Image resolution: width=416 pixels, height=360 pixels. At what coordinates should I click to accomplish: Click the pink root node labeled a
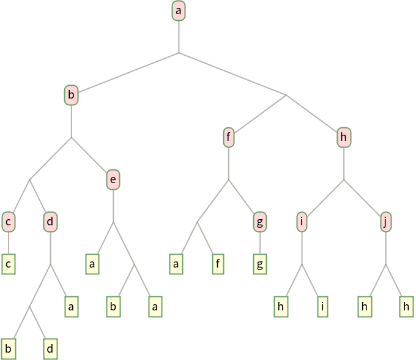tap(179, 10)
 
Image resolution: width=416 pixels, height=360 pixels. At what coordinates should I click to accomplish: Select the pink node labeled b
tap(71, 95)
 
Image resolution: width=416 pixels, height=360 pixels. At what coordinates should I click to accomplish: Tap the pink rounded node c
tap(9, 222)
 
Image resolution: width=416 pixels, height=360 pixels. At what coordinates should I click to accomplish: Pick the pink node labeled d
tap(50, 222)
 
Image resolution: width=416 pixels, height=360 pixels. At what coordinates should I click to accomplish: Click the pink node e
tap(113, 180)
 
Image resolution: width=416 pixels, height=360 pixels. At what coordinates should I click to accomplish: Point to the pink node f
tap(228, 137)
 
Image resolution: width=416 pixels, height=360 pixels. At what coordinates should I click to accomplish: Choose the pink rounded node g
tap(260, 222)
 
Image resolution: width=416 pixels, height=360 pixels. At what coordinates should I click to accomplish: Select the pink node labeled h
tap(344, 137)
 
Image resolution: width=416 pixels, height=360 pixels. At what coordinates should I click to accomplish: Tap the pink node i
tap(302, 222)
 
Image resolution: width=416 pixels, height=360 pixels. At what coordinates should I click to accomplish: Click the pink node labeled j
tap(386, 222)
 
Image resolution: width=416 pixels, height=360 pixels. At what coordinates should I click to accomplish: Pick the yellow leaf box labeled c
tap(9, 264)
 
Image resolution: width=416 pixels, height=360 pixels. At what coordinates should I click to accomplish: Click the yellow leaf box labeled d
tap(50, 349)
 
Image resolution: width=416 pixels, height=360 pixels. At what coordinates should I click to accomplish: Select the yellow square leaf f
tap(218, 264)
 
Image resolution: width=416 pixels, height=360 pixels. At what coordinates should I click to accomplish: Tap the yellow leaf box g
tap(260, 264)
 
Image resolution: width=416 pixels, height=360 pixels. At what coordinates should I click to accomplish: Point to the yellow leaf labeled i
tap(322, 307)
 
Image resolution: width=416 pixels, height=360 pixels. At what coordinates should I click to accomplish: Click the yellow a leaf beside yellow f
tap(176, 264)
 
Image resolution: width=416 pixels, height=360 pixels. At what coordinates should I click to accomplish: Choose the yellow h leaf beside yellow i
tap(281, 307)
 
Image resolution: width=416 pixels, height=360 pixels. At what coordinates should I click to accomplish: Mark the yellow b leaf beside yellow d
tap(9, 349)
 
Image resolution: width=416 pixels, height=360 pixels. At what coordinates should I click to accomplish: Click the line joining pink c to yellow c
tap(9, 243)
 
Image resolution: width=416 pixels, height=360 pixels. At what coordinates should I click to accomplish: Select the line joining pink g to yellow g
tap(260, 243)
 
